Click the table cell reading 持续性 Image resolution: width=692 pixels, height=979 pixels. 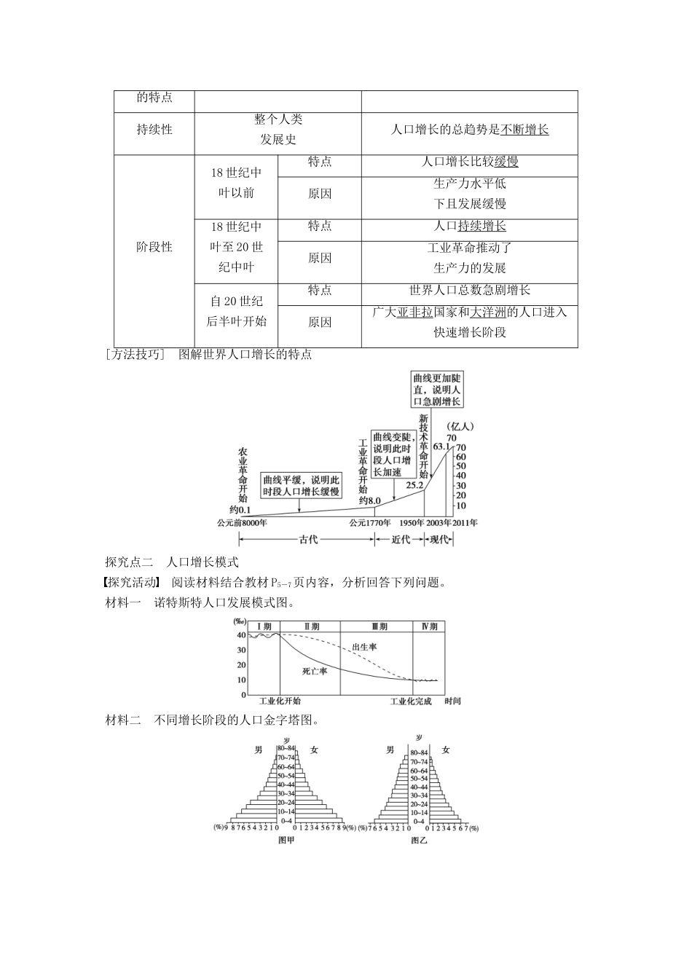pyautogui.click(x=154, y=130)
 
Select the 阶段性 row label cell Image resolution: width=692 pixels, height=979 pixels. pyautogui.click(x=154, y=247)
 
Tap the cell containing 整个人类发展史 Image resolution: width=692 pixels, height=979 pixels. pyautogui.click(x=278, y=130)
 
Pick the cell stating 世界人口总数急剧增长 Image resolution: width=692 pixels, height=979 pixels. pyautogui.click(x=469, y=290)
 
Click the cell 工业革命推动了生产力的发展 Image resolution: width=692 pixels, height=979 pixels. pyautogui.click(x=469, y=258)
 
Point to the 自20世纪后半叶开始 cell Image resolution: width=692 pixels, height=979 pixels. pyautogui.click(x=236, y=311)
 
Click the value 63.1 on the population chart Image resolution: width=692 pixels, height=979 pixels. pyautogui.click(x=442, y=447)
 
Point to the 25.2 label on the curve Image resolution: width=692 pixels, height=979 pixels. pyautogui.click(x=414, y=484)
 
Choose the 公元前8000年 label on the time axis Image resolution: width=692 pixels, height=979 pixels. pyautogui.click(x=241, y=523)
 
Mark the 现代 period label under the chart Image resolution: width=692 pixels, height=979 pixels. pyautogui.click(x=439, y=540)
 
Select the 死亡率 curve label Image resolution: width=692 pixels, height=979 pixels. pyautogui.click(x=315, y=670)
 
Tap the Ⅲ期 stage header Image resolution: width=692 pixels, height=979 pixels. pyautogui.click(x=379, y=626)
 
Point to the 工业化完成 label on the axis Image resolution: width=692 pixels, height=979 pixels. pyautogui.click(x=411, y=701)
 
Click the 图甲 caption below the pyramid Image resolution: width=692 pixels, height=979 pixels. pyautogui.click(x=287, y=840)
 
